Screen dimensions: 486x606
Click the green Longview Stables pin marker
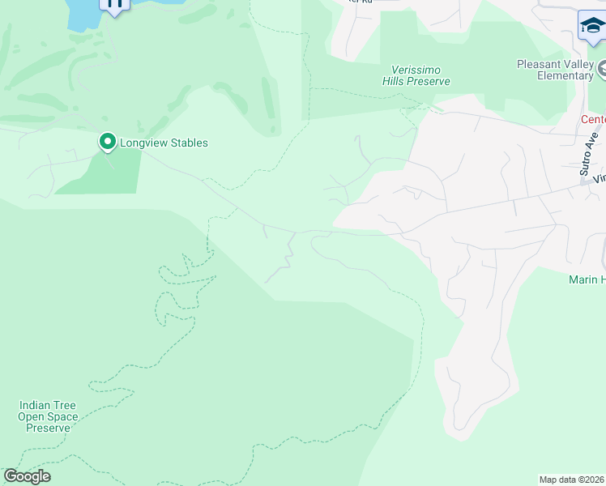(x=107, y=142)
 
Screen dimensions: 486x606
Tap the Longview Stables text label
(x=164, y=143)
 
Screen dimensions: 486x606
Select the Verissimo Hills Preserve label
(x=416, y=75)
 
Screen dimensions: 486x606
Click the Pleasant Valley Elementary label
(x=556, y=70)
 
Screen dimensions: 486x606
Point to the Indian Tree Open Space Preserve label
(x=49, y=416)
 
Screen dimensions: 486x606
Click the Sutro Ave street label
(x=590, y=154)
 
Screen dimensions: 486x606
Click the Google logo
(x=27, y=476)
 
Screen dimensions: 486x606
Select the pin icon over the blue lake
(x=114, y=4)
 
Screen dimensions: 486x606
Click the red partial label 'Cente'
(x=592, y=119)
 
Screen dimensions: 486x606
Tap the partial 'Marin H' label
(x=587, y=279)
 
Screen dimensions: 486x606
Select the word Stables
(x=187, y=143)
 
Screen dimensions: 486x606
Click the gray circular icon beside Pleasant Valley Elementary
(x=602, y=71)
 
